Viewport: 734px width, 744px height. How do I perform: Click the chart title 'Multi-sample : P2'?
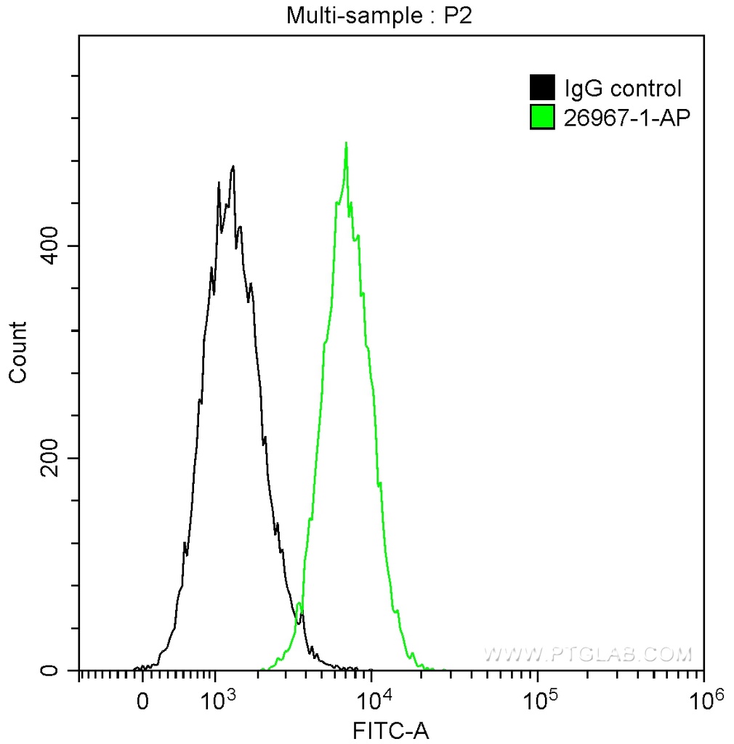point(379,16)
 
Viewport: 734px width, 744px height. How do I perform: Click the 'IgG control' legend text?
point(623,89)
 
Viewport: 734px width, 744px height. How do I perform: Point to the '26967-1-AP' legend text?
point(623,116)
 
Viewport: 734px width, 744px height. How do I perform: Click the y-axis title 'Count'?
point(17,352)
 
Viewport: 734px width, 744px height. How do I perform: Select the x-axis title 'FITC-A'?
point(391,729)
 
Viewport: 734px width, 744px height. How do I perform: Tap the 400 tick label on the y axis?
point(50,246)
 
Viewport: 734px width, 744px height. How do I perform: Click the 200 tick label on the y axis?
point(50,458)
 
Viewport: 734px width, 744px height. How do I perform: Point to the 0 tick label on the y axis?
point(50,670)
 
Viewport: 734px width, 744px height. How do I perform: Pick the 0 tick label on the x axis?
point(143,702)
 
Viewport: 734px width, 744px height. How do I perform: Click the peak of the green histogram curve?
point(346,144)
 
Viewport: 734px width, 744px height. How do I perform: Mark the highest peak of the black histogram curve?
point(233,167)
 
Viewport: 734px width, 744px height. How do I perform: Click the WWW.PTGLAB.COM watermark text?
point(587,654)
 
